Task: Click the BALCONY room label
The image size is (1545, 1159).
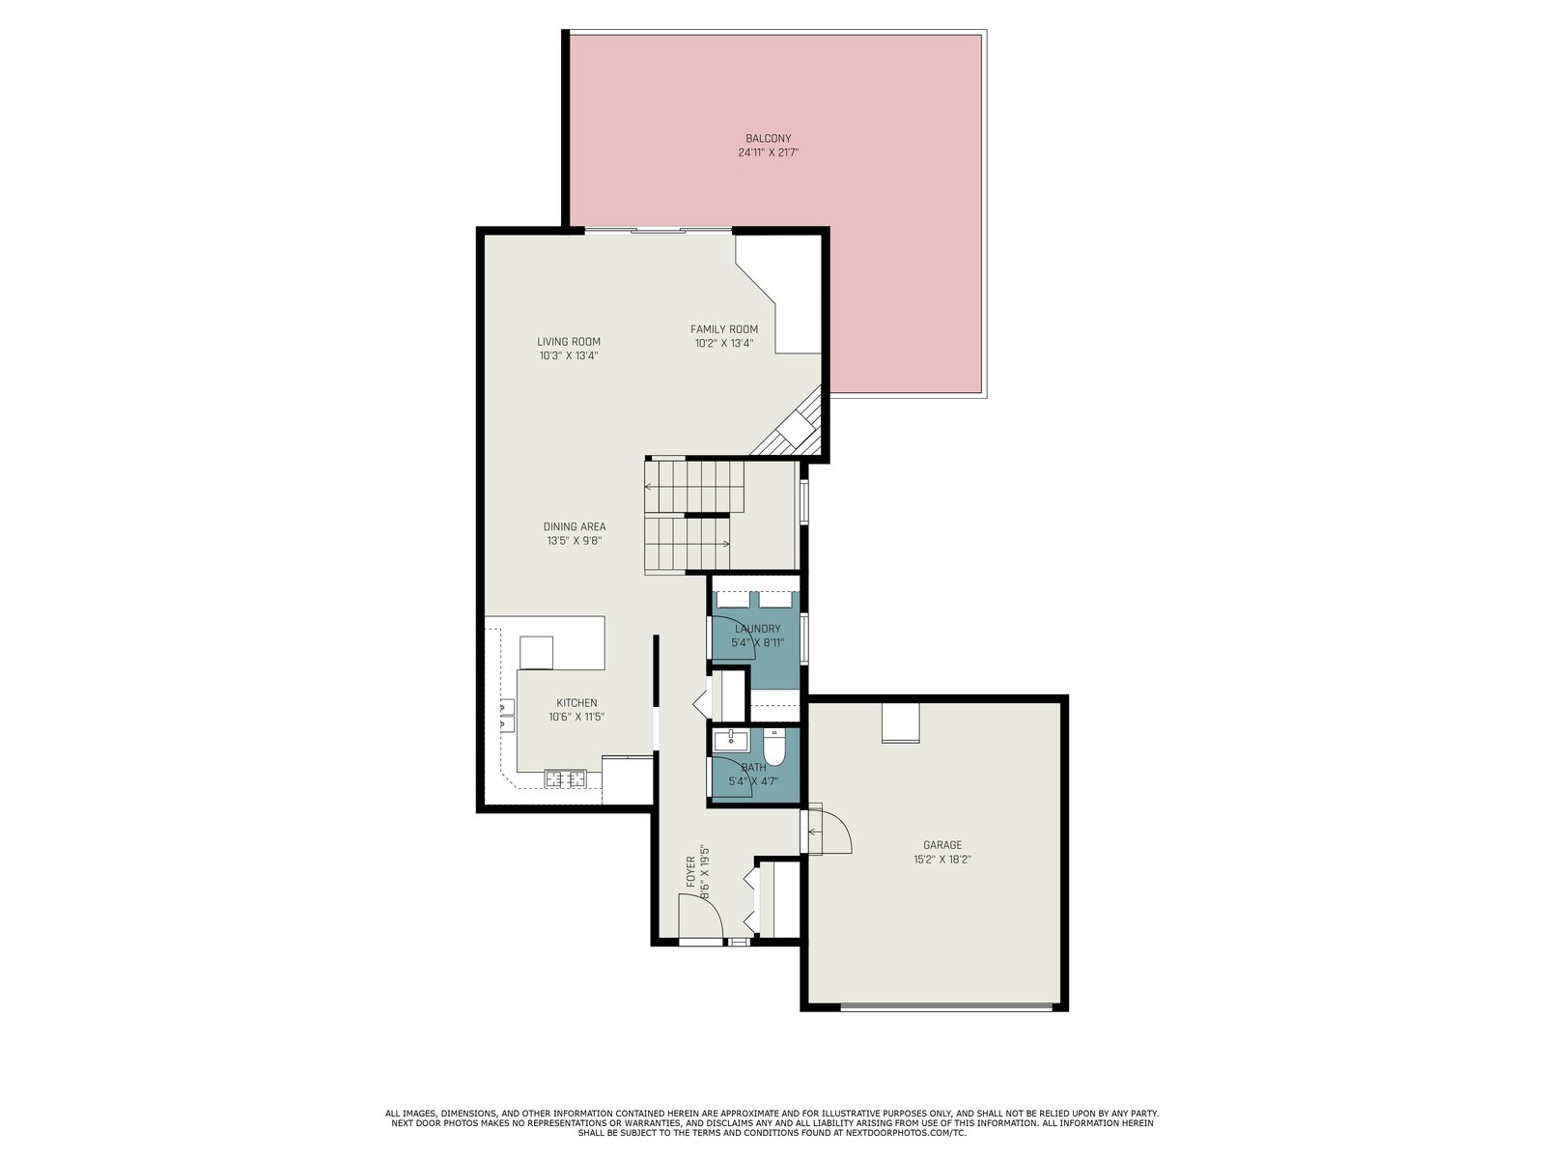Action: click(768, 139)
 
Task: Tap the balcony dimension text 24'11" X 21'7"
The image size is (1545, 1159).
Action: click(768, 153)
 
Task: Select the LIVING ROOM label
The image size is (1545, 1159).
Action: click(569, 342)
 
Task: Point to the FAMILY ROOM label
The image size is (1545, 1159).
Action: click(723, 329)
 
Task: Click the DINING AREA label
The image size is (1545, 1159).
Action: click(575, 527)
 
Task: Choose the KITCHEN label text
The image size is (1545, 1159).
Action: click(576, 703)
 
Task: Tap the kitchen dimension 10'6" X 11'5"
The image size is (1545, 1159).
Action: click(576, 717)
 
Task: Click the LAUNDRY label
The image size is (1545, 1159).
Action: click(757, 629)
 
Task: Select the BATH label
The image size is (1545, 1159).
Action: click(753, 767)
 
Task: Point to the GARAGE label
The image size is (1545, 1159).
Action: click(942, 845)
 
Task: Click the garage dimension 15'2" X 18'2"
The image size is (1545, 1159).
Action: click(942, 860)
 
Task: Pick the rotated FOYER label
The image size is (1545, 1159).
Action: click(690, 871)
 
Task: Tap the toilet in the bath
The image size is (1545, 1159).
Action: click(773, 749)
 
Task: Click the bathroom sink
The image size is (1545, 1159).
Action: click(732, 740)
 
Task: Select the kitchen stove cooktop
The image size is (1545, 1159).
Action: click(566, 779)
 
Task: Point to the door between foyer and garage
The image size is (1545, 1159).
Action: click(827, 831)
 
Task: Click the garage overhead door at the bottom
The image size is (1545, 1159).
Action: click(946, 1007)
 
